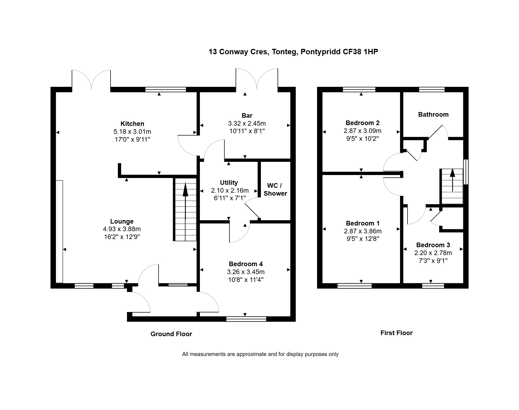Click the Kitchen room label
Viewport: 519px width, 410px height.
[x=132, y=124]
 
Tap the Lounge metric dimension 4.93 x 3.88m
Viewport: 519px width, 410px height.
[x=122, y=229]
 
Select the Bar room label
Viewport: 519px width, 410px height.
[x=247, y=116]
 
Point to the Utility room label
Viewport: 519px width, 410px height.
[x=229, y=183]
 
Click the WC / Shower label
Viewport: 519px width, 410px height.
[x=275, y=189]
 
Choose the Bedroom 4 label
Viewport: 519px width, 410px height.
[x=246, y=264]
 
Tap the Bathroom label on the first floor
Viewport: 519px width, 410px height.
[x=433, y=115]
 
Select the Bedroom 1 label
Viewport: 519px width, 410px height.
[x=363, y=223]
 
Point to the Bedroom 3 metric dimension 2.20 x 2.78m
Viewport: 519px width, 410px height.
[x=433, y=253]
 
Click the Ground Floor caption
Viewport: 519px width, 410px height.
[x=171, y=334]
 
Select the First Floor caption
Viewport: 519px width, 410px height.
[x=396, y=333]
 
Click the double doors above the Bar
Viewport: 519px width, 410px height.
[x=257, y=79]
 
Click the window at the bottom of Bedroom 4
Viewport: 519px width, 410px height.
[x=246, y=319]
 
